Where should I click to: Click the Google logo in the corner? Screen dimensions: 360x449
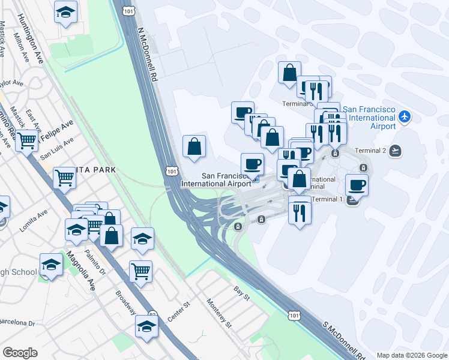(x=20, y=353)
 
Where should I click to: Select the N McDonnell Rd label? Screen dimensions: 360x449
(x=149, y=54)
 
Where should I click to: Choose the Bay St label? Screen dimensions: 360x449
(x=242, y=292)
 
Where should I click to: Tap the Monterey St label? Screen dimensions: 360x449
(x=219, y=313)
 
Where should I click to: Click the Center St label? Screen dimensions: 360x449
(x=178, y=312)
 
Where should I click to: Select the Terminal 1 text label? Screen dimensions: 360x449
(x=327, y=199)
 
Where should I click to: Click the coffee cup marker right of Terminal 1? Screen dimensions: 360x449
(x=357, y=185)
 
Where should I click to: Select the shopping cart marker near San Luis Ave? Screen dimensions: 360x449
(x=26, y=140)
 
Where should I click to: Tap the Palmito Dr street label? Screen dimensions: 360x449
(x=94, y=262)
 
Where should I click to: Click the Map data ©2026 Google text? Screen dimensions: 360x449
(x=412, y=355)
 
